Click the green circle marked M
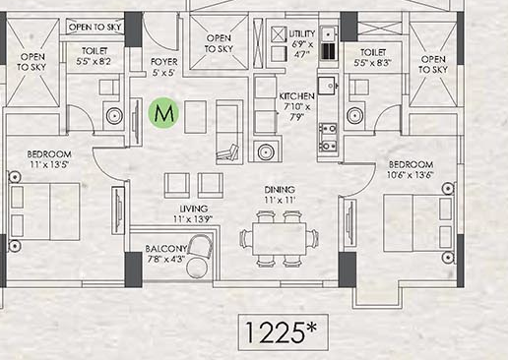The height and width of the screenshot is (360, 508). pyautogui.click(x=165, y=113)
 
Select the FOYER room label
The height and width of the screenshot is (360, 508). pyautogui.click(x=163, y=67)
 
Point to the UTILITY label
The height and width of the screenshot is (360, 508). pyautogui.click(x=303, y=33)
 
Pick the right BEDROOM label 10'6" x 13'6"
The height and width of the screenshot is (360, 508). pyautogui.click(x=411, y=169)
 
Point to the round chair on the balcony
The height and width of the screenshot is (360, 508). pyautogui.click(x=198, y=269)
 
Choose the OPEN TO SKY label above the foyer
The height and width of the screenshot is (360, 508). pyautogui.click(x=218, y=42)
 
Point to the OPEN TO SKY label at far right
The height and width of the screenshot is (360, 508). pyautogui.click(x=433, y=65)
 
